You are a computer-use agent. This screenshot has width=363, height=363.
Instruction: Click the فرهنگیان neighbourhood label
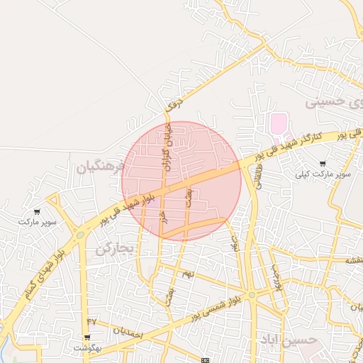click(100, 167)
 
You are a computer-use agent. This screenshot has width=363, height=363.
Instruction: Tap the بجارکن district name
click(114, 248)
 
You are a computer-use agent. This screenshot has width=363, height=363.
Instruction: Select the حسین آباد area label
click(286, 340)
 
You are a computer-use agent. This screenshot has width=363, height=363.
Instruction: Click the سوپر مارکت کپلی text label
click(325, 174)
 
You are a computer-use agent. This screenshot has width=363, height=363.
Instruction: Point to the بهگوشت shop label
click(87, 348)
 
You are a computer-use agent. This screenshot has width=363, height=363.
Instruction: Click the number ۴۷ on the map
click(91, 323)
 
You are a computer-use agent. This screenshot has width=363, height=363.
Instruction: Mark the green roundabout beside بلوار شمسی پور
click(251, 295)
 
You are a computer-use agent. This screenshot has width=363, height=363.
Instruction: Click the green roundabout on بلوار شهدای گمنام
click(81, 235)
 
